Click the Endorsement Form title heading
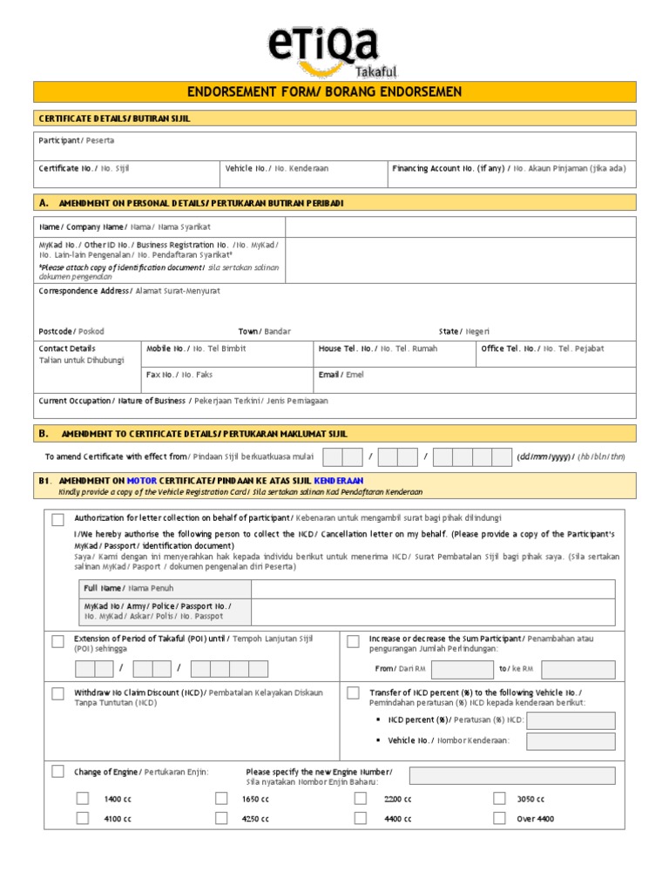pos(334,92)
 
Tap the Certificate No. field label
pos(84,168)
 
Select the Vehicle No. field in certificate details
pos(277,168)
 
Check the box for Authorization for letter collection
pos(57,520)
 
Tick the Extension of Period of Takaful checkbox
pos(57,642)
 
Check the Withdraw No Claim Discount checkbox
pos(57,693)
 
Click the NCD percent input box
pos(571,720)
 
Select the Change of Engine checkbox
pos(57,771)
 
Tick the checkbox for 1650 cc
pos(221,798)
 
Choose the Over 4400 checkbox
pos(499,818)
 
